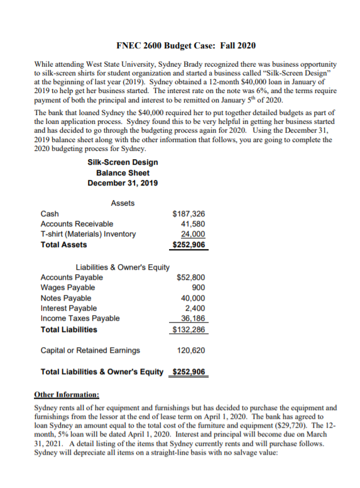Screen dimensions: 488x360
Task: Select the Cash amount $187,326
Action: [x=188, y=214]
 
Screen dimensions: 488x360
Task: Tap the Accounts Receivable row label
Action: [x=77, y=224]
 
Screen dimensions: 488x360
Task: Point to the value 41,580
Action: [x=192, y=224]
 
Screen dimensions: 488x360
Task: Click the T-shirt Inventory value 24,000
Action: [x=192, y=234]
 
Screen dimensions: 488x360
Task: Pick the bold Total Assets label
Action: [x=63, y=244]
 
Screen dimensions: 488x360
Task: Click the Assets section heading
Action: [x=123, y=202]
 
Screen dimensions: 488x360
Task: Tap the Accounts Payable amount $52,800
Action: [x=190, y=277]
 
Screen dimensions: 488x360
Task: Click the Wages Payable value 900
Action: [x=198, y=287]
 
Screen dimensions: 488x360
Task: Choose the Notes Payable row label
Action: [x=65, y=298]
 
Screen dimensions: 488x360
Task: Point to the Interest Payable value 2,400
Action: [x=194, y=308]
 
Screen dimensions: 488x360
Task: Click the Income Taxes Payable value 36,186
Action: [x=192, y=318]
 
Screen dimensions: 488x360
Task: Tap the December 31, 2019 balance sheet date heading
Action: [x=123, y=183]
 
